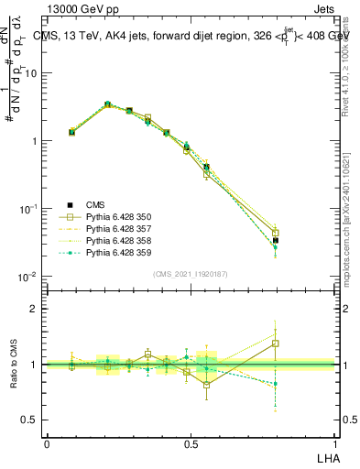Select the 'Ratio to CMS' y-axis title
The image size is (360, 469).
click(x=12, y=365)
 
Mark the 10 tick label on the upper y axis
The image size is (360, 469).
click(x=30, y=72)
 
